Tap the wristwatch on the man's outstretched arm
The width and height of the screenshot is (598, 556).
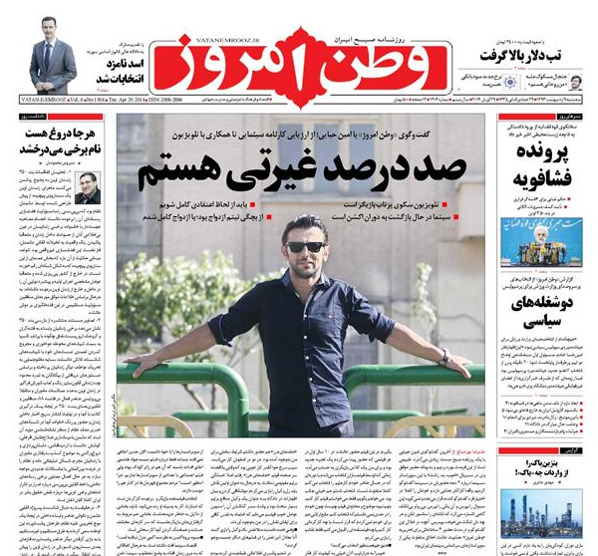[x=444, y=356]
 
